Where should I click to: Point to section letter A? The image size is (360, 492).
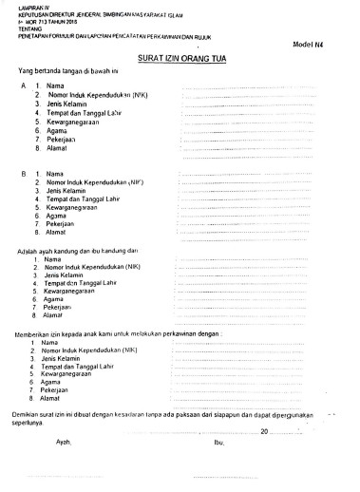point(22,87)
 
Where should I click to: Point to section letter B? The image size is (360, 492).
point(22,174)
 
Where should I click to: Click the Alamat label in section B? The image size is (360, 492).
point(56,233)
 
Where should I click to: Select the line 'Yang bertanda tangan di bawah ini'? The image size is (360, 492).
point(72,72)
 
